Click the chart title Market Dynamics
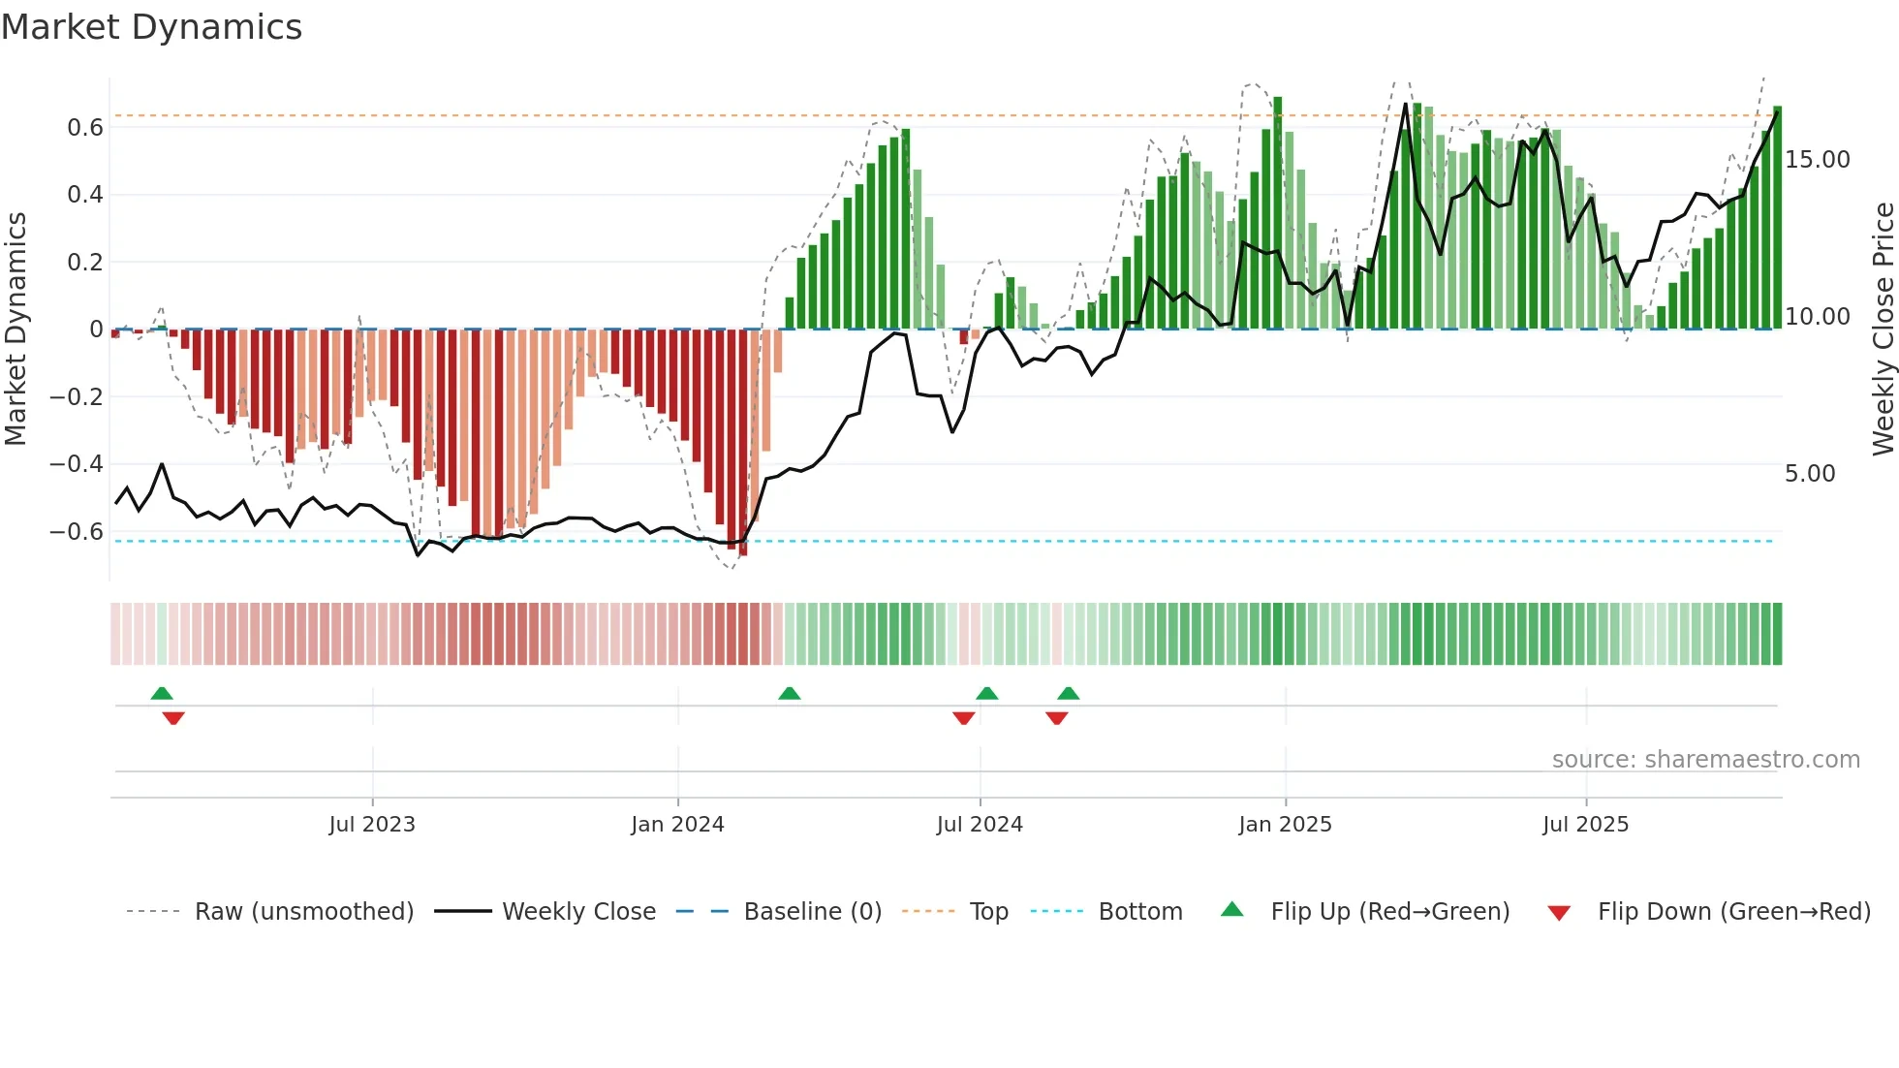[x=152, y=27]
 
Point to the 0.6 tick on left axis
[x=84, y=128]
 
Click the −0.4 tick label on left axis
[x=77, y=464]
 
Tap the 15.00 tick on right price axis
[x=1817, y=160]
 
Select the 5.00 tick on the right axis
[x=1809, y=474]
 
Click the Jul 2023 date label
[x=372, y=825]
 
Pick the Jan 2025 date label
[x=1285, y=825]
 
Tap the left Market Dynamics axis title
[x=16, y=330]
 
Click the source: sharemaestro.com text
[x=1705, y=760]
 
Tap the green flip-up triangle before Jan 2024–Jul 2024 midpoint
[x=790, y=694]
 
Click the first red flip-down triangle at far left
[x=173, y=718]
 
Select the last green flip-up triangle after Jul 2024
[x=1069, y=694]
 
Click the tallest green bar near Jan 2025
[x=1278, y=213]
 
